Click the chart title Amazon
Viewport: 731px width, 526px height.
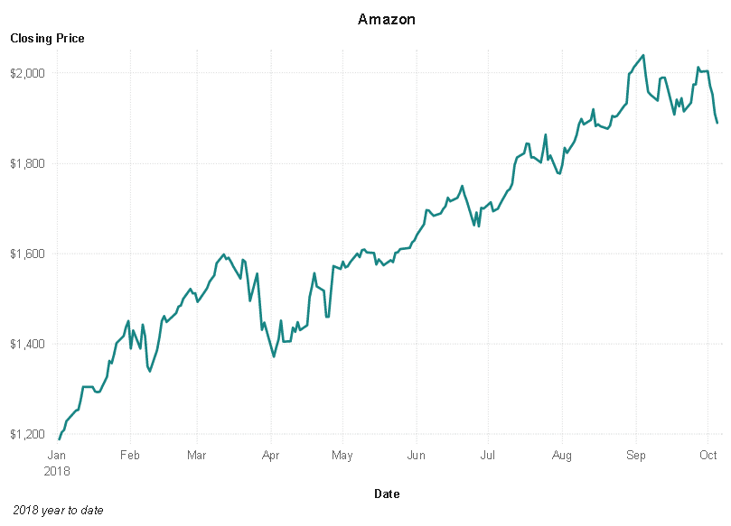coord(386,19)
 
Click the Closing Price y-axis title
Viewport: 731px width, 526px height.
coord(47,39)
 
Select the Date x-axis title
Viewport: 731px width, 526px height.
coord(387,494)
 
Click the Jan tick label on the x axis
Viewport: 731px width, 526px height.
coord(58,456)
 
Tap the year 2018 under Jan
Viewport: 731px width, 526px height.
coord(58,470)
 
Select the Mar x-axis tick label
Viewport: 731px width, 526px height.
coord(197,456)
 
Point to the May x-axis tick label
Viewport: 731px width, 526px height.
coord(342,456)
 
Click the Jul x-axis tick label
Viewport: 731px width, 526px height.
coord(487,456)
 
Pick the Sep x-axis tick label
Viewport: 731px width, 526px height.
coord(636,456)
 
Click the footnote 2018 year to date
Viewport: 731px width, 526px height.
coord(59,511)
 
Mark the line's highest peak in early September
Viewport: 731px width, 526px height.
coord(642,55)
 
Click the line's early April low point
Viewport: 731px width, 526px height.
coord(274,356)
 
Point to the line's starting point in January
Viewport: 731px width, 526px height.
coord(60,439)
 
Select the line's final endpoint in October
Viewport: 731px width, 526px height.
coord(717,123)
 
